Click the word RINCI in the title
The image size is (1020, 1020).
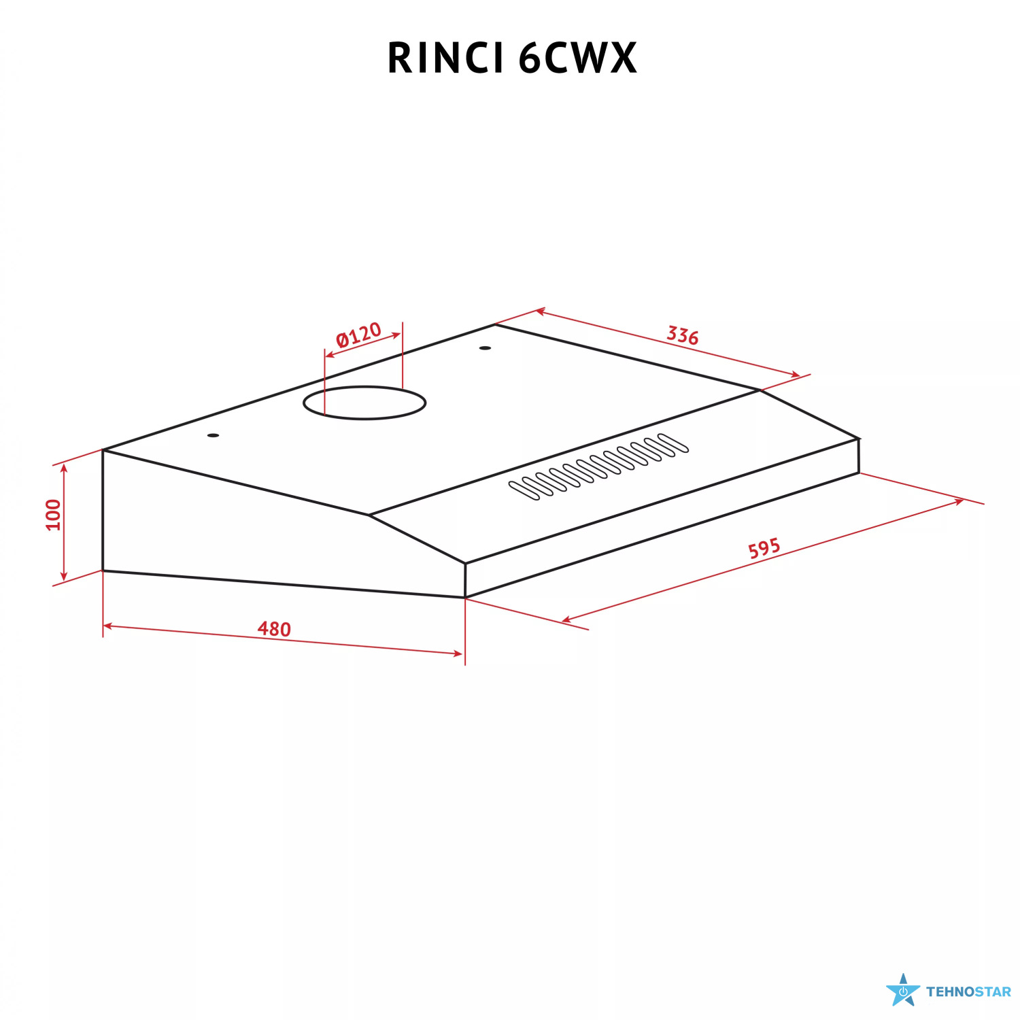(x=445, y=58)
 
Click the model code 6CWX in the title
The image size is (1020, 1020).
(x=577, y=58)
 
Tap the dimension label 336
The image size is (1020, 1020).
(x=682, y=335)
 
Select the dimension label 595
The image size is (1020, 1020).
(x=764, y=548)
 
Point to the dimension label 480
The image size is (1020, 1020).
(x=274, y=629)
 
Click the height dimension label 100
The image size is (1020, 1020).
(x=53, y=515)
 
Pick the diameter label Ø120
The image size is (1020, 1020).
(x=358, y=335)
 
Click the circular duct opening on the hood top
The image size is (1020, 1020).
(x=364, y=403)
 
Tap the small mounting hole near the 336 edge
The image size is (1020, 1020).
(x=485, y=348)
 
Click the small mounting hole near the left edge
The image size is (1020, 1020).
(x=214, y=435)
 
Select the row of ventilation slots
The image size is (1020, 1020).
(x=598, y=466)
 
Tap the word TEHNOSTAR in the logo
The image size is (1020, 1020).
(x=968, y=992)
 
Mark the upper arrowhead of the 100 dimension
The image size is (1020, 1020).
(x=64, y=468)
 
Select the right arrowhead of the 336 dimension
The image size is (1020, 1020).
(x=796, y=375)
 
